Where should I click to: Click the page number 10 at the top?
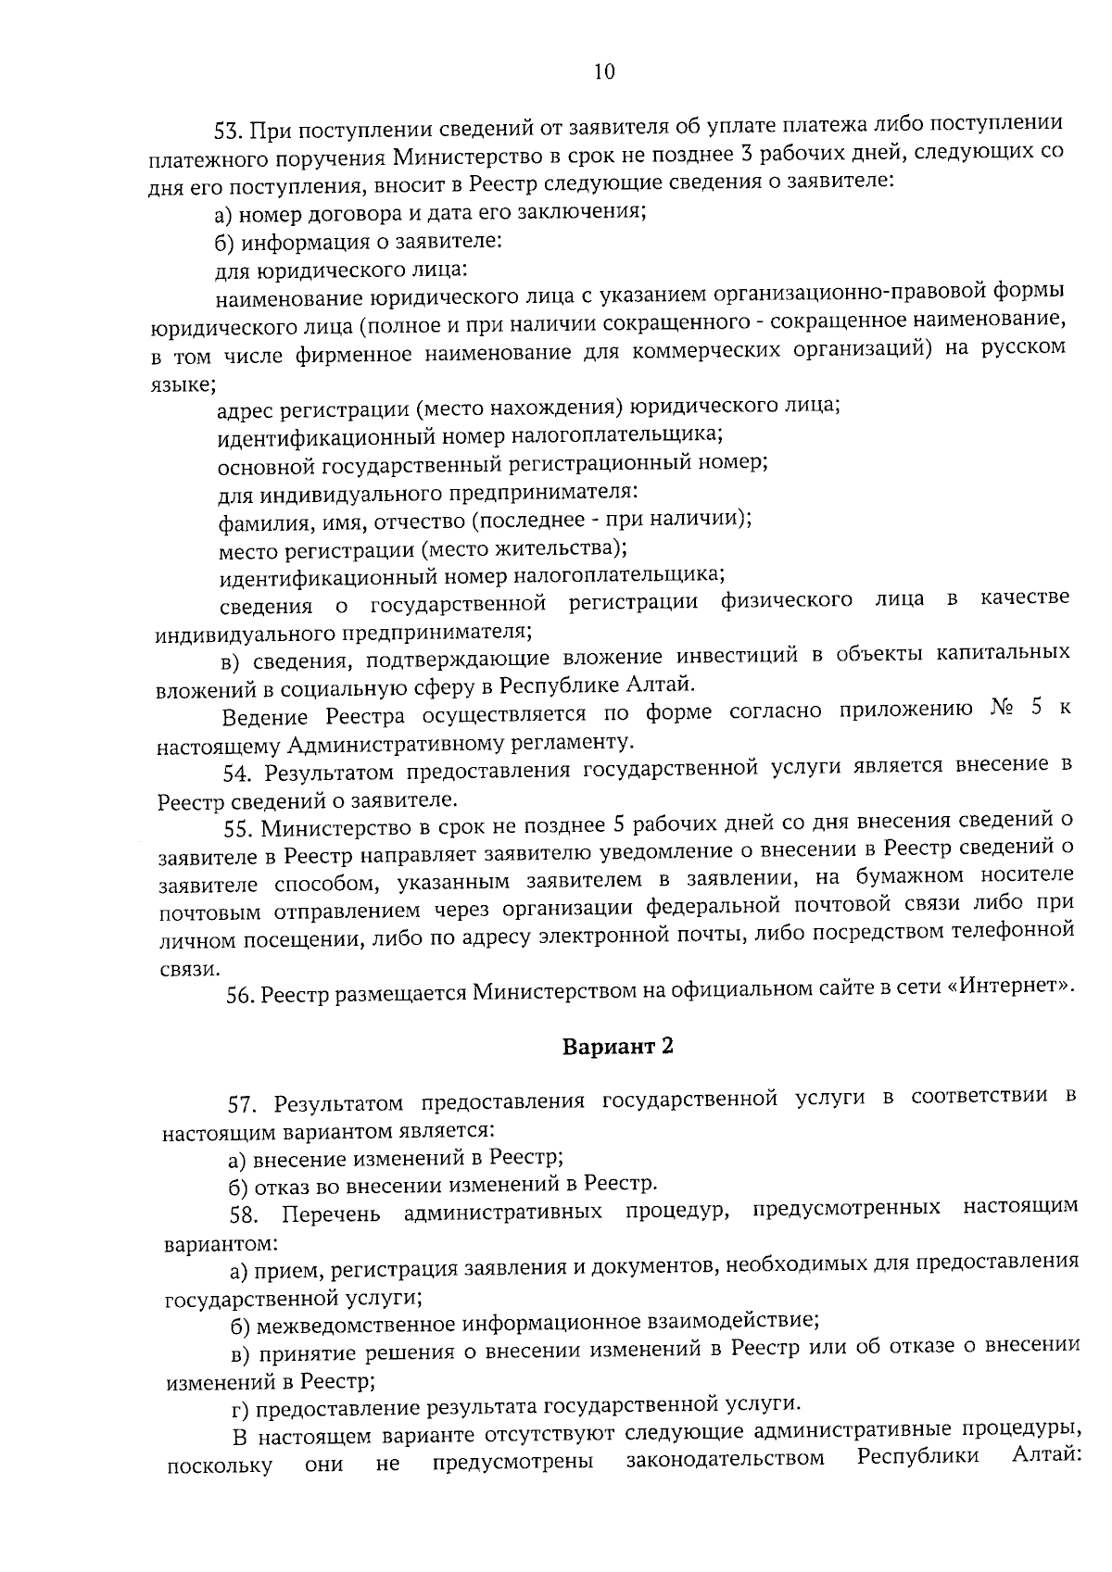coord(602,72)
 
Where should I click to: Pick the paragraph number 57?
coord(241,1103)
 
